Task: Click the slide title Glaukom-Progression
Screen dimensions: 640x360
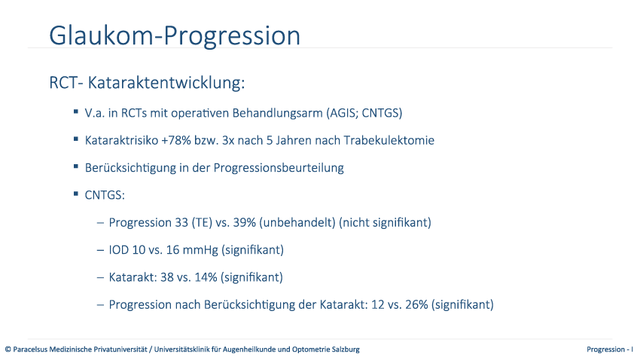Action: pyautogui.click(x=175, y=36)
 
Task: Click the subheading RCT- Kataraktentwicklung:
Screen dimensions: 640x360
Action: pyautogui.click(x=147, y=82)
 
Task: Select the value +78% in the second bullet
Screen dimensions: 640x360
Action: pyautogui.click(x=176, y=140)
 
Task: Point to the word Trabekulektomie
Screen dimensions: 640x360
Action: pyautogui.click(x=389, y=140)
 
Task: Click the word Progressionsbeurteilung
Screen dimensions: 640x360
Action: pyautogui.click(x=279, y=168)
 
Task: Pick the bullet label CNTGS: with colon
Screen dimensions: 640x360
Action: pyautogui.click(x=105, y=195)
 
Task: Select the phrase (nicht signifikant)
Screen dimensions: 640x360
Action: pyautogui.click(x=385, y=222)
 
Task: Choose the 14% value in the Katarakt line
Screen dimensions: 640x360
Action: pyautogui.click(x=206, y=277)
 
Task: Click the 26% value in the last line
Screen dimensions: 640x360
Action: pyautogui.click(x=416, y=304)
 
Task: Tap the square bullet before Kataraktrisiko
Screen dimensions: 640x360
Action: pyautogui.click(x=76, y=139)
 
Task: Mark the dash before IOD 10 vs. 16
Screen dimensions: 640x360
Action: pyautogui.click(x=100, y=250)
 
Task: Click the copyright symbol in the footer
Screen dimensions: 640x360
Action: pyautogui.click(x=8, y=349)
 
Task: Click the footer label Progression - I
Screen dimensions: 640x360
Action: pyautogui.click(x=610, y=349)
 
